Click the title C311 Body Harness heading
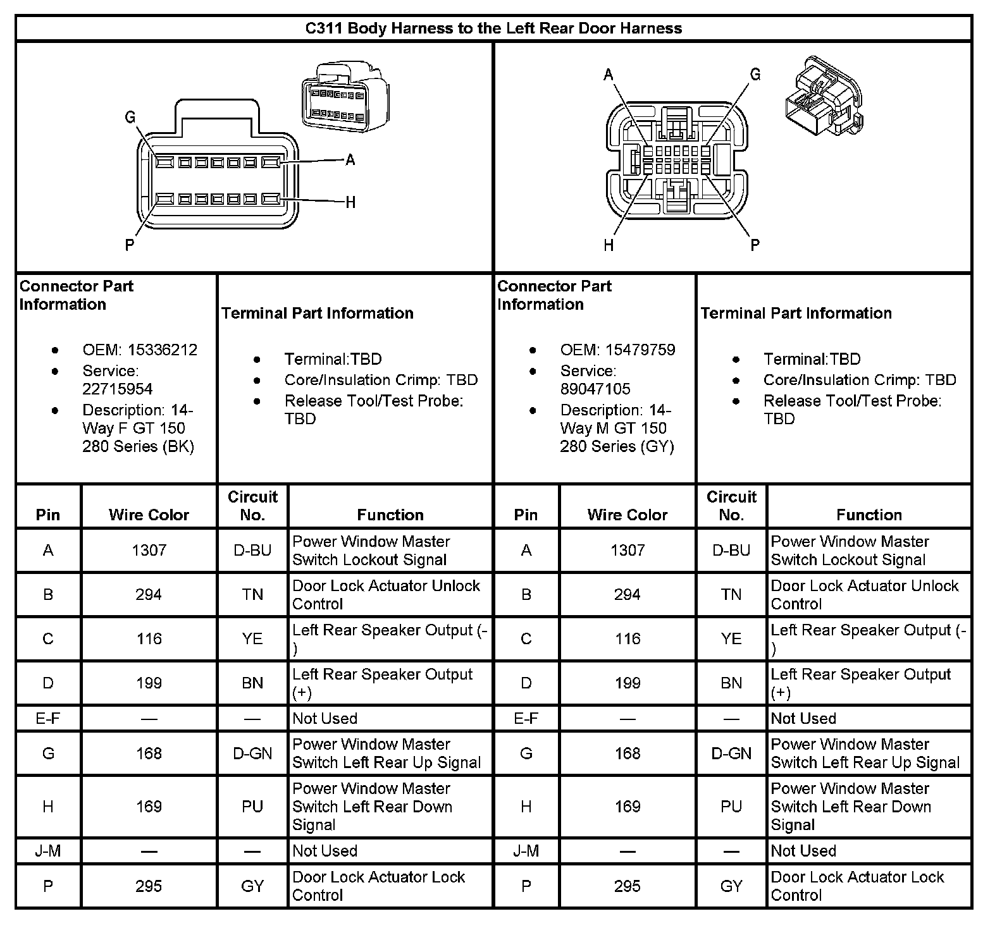493,28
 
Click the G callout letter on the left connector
130,117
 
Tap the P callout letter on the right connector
755,245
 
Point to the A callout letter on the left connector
350,160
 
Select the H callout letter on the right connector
609,245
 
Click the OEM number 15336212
163,350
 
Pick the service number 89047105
595,389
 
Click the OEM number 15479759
640,350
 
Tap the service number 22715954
118,389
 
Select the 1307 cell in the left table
149,551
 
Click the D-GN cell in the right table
731,754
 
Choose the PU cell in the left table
252,807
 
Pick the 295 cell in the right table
628,886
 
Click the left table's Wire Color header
149,515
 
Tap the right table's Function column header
869,515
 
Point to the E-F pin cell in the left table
48,718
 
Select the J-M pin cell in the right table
526,851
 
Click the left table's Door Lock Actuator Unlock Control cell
386,594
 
